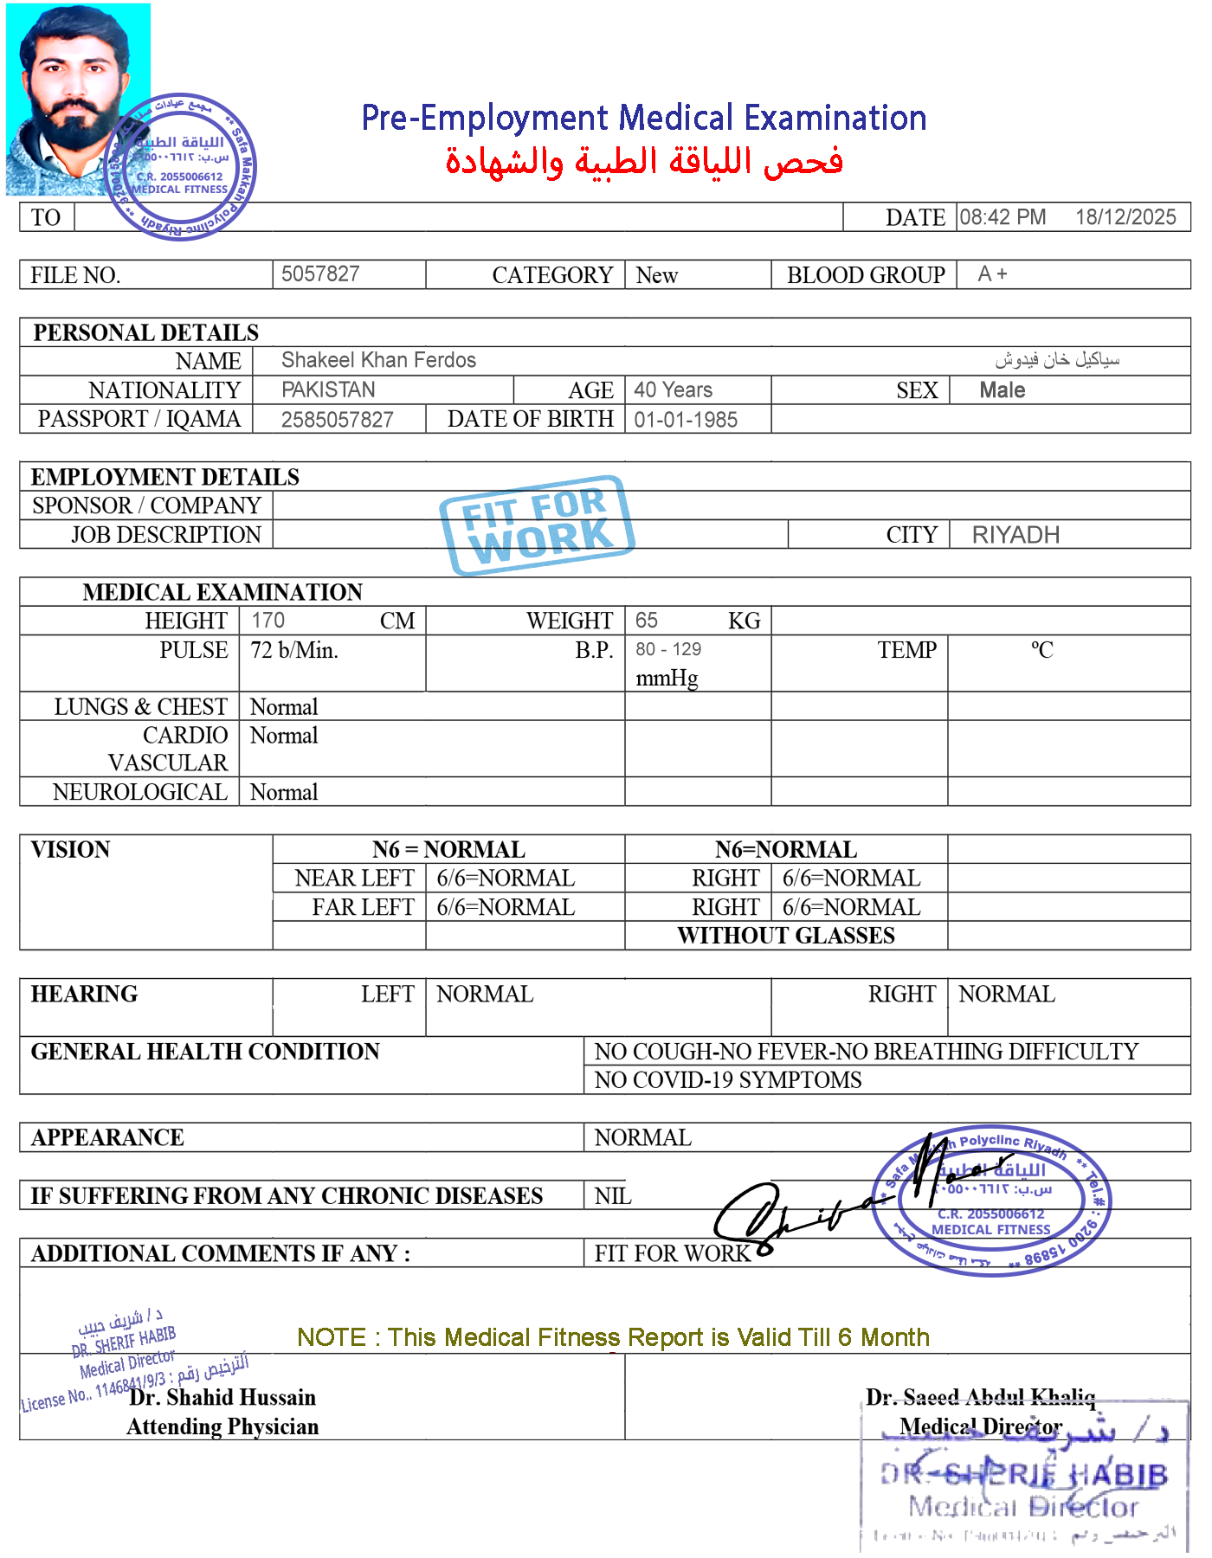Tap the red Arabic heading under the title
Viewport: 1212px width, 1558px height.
[644, 162]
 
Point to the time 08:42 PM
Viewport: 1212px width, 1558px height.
[1002, 217]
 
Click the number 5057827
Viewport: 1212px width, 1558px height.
[320, 274]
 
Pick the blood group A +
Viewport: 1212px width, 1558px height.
[992, 274]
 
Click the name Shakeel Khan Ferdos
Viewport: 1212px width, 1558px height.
[378, 360]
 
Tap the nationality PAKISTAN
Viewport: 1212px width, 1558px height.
[328, 389]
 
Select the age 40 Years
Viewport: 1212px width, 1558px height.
[673, 389]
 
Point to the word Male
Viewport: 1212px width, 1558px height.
[1002, 390]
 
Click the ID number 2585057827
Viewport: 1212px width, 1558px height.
[337, 420]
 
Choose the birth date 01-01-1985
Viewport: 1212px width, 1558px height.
[686, 420]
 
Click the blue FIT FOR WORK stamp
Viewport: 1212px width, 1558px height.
[537, 525]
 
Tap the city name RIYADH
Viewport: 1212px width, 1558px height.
[1015, 535]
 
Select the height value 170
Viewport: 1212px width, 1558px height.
[268, 620]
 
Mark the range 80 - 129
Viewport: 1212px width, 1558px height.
[668, 650]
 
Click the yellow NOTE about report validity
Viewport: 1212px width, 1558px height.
[612, 1337]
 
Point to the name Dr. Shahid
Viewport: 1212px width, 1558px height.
[181, 1397]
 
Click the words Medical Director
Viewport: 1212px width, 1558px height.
[980, 1426]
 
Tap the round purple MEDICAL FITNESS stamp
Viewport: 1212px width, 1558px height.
[992, 1200]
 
